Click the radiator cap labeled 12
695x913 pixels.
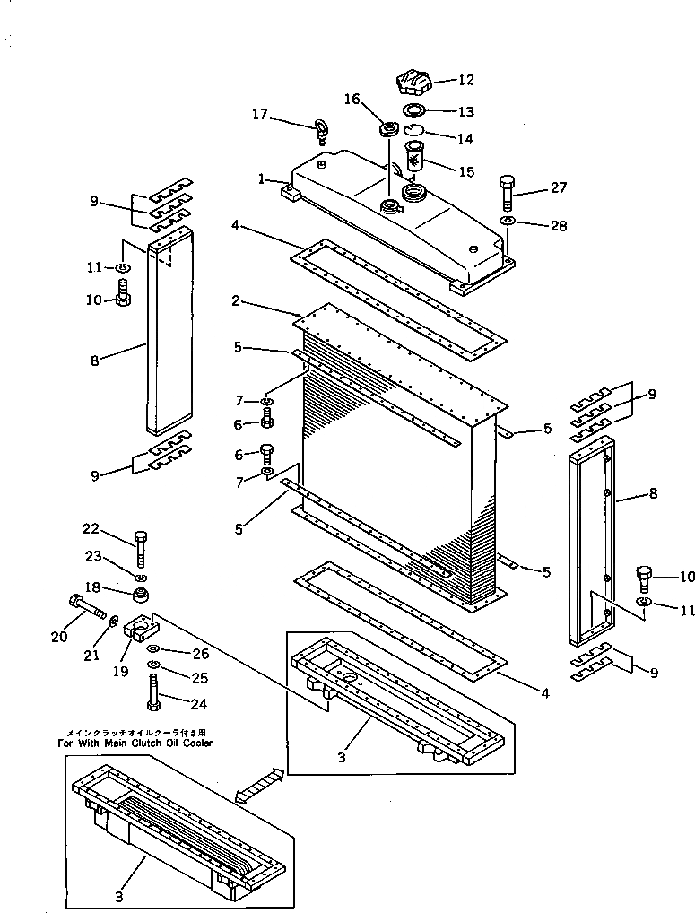pos(413,83)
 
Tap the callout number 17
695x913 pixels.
pos(259,114)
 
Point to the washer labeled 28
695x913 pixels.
pos(507,221)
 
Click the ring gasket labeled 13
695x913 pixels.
pos(415,111)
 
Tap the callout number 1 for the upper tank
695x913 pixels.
pos(261,179)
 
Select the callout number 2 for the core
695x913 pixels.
pos(235,301)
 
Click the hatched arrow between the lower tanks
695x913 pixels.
pos(259,784)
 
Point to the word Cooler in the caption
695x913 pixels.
pos(195,743)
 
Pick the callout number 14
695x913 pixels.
pos(465,139)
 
